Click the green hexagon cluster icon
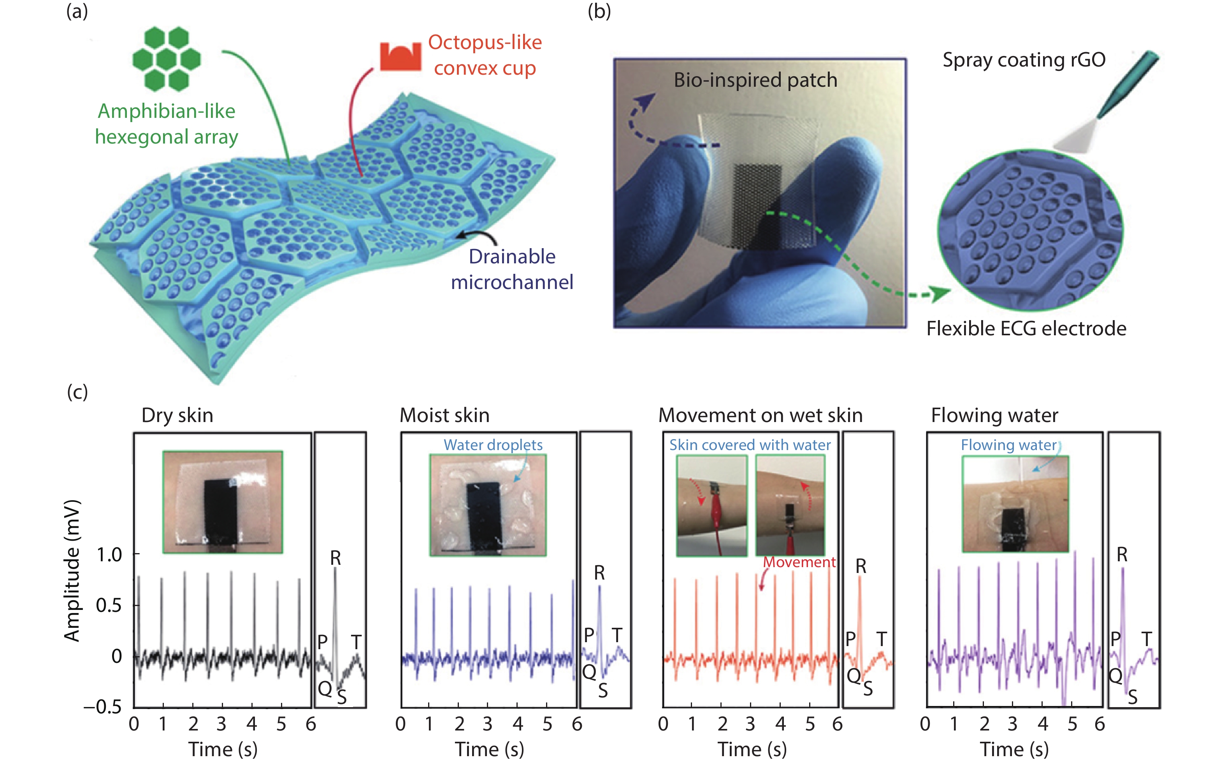(166, 59)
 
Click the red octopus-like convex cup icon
(400, 56)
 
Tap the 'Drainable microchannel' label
(512, 269)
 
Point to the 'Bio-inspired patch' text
(755, 80)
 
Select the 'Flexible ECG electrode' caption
(1026, 329)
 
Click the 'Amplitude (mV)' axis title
(72, 571)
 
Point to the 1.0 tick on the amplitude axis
(109, 555)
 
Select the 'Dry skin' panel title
(177, 415)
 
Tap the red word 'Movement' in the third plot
(799, 562)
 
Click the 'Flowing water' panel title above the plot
(994, 415)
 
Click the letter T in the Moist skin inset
(617, 635)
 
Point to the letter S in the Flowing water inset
(1132, 697)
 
